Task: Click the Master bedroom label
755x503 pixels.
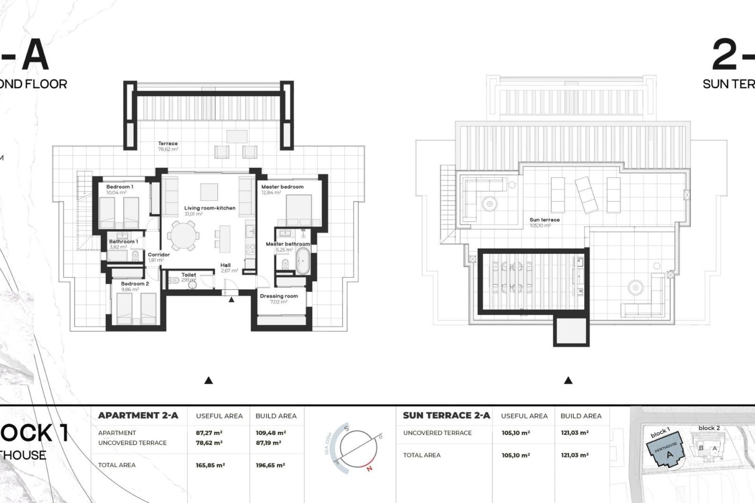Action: click(282, 187)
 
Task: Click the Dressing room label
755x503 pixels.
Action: click(279, 296)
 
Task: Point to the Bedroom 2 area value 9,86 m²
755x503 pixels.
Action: click(130, 290)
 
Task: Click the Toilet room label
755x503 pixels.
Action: click(189, 275)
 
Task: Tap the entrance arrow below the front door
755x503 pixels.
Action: click(232, 300)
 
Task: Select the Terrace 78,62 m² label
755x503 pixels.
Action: click(168, 147)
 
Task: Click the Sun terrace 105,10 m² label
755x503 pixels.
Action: click(544, 222)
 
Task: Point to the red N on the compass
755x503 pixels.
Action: click(369, 468)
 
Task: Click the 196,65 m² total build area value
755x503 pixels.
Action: click(270, 465)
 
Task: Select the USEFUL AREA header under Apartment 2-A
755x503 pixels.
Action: click(219, 416)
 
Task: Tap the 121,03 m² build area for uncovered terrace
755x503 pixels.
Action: click(575, 433)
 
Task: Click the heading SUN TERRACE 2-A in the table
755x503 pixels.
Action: click(446, 416)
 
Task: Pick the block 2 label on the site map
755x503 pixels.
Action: click(709, 428)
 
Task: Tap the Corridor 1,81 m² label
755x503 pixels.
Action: click(159, 257)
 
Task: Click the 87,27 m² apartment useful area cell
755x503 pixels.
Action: click(209, 433)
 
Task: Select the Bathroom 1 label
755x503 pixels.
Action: click(123, 242)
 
